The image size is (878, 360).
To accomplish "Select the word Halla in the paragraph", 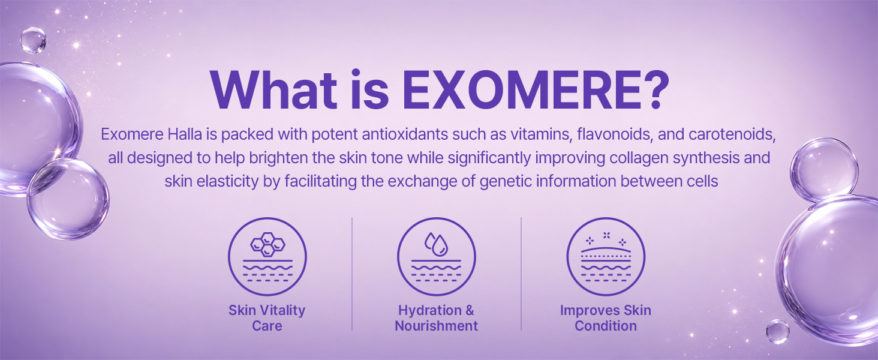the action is point(185,134).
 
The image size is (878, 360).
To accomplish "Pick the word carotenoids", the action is point(732,134).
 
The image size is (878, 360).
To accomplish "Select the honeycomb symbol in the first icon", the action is point(267,244).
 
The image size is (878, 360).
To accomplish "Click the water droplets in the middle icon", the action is point(436,244).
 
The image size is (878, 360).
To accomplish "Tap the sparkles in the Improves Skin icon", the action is point(606,238).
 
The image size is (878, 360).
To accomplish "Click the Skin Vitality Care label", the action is point(267,318).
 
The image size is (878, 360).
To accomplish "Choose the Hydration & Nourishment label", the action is point(436,318).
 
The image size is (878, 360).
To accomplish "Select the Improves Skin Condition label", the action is point(606,318).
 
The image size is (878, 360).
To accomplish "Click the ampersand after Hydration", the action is point(470,310).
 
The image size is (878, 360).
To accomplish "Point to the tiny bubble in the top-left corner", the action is point(33,40).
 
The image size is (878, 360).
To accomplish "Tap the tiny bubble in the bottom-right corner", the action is point(778,332).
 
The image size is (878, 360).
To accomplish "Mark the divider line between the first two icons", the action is point(352,274).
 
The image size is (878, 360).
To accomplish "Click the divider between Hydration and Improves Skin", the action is point(521,274).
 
